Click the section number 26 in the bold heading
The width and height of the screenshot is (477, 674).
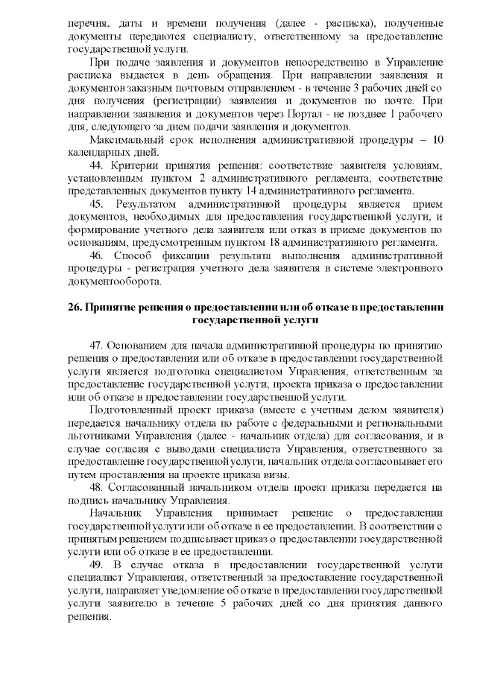tap(82, 308)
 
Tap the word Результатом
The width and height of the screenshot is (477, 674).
tap(150, 203)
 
